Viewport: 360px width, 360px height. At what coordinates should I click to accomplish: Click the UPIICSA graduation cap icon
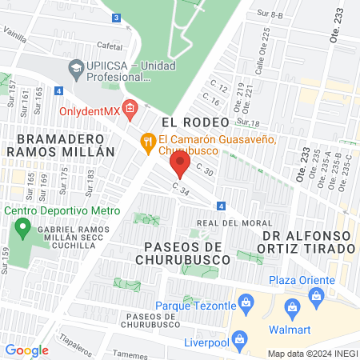[76, 67]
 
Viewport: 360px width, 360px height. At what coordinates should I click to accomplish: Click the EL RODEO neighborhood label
[195, 122]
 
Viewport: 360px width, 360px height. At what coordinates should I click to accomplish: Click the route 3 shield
[117, 18]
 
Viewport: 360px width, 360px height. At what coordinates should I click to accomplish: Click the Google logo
[26, 350]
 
